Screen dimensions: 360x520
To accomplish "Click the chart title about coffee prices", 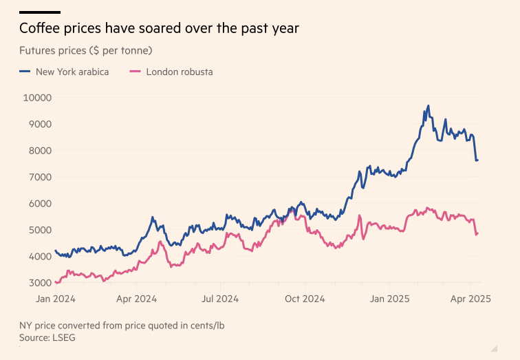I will click(x=159, y=29).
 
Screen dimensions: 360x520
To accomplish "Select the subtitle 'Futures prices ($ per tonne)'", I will click(x=86, y=51).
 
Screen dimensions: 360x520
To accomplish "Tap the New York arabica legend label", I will click(x=72, y=72).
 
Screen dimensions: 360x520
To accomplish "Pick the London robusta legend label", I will click(x=180, y=72).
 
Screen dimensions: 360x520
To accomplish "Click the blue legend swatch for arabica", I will click(x=25, y=72).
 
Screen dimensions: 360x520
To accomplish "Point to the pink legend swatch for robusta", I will click(x=135, y=72).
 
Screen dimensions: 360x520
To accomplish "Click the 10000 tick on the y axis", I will click(x=39, y=98).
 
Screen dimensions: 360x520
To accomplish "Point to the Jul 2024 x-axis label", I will click(x=219, y=299).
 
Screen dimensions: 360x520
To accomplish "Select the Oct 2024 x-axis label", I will click(x=305, y=299).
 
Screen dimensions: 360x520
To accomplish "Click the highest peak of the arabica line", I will click(x=428, y=106).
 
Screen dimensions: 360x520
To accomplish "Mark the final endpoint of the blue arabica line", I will click(x=477, y=160).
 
